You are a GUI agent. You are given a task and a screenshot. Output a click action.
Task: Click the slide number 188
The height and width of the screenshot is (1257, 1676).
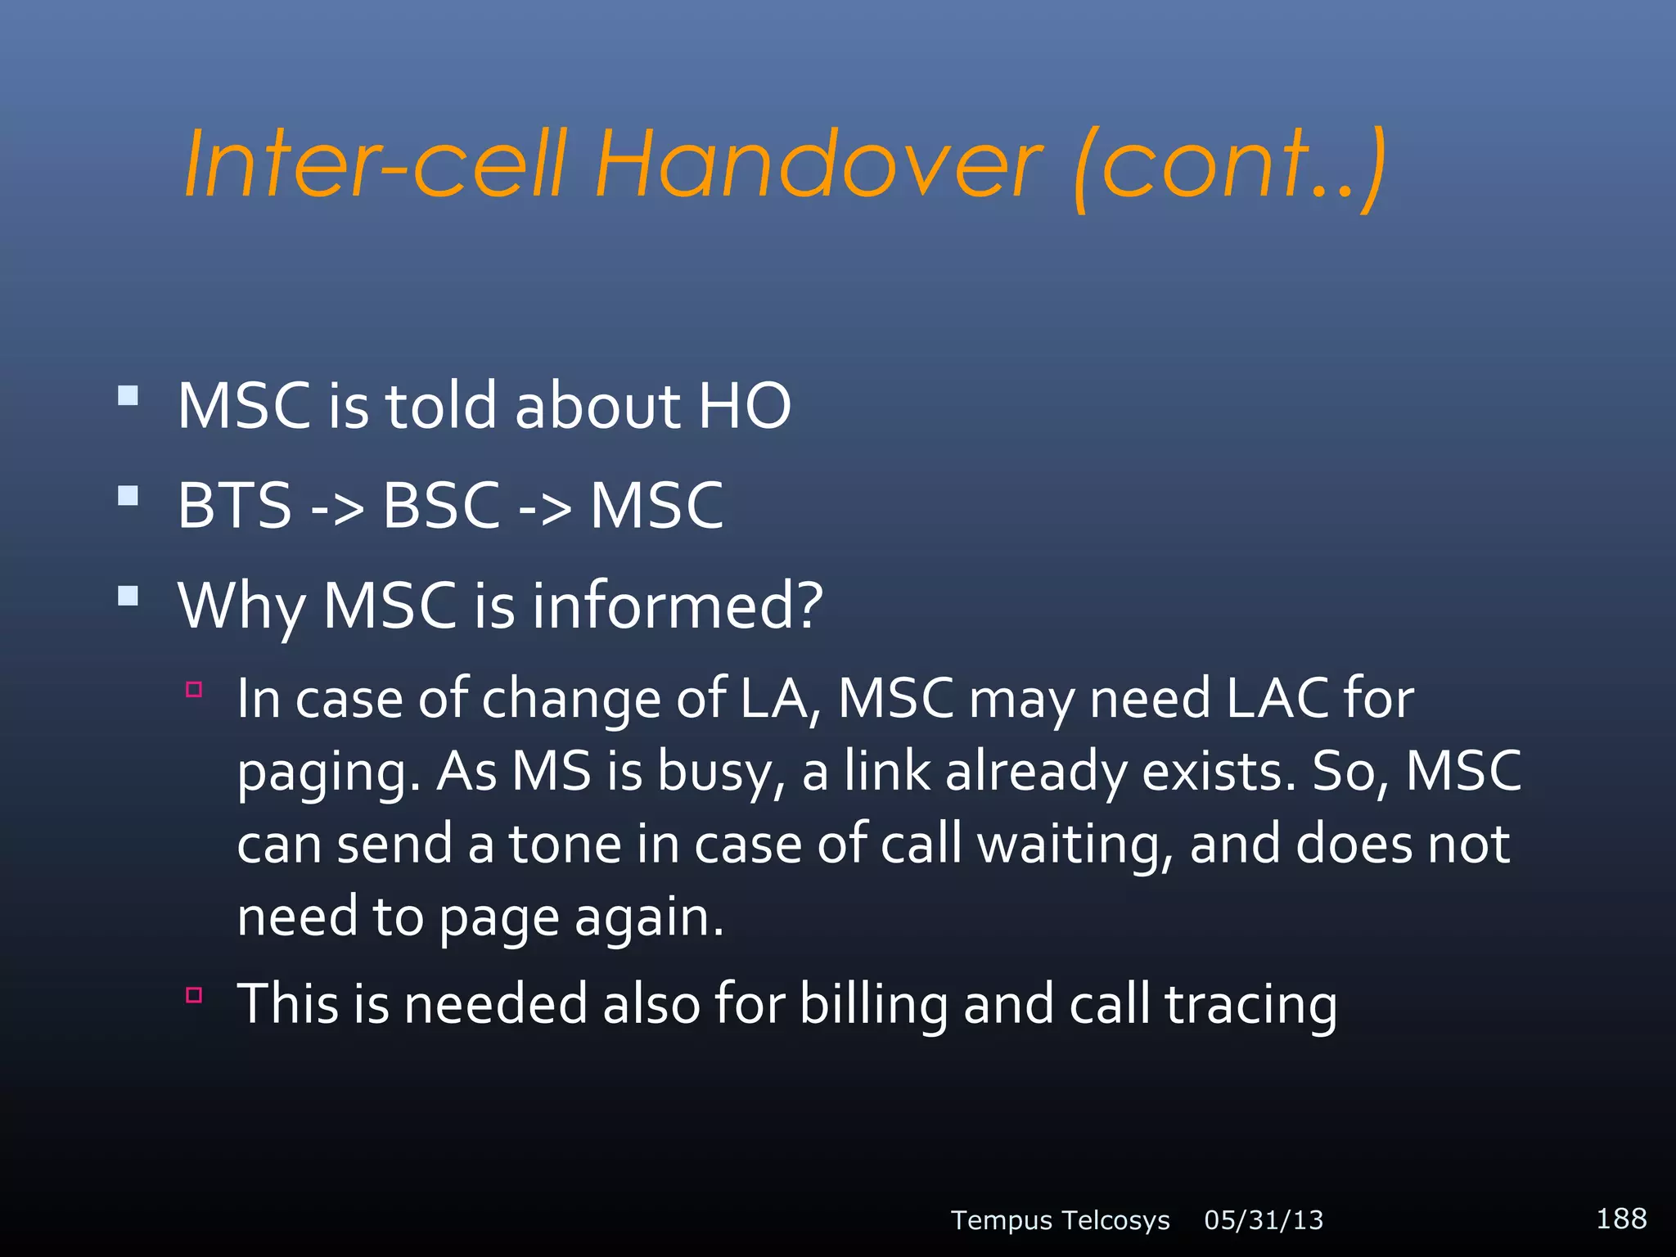click(x=1621, y=1219)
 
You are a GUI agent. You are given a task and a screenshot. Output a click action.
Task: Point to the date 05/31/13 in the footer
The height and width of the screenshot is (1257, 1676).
click(x=1264, y=1220)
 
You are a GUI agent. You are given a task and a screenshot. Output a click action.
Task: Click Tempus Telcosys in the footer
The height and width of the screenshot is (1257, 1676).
click(x=1060, y=1220)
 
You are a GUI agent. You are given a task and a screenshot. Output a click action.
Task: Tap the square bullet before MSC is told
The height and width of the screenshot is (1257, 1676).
click(x=128, y=397)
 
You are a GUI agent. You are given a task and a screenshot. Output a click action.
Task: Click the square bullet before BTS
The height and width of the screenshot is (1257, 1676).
click(x=128, y=496)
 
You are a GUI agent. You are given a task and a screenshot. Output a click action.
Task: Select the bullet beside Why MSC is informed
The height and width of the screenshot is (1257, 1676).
click(x=128, y=595)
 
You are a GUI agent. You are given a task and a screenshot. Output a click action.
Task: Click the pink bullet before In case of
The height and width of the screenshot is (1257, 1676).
click(x=194, y=689)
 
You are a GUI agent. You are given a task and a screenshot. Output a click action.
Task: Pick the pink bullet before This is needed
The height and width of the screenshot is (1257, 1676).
click(x=194, y=995)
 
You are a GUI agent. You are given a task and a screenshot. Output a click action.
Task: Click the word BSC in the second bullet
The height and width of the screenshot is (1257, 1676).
click(x=441, y=506)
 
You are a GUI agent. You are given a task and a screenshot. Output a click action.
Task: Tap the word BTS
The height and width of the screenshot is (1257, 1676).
click(x=235, y=506)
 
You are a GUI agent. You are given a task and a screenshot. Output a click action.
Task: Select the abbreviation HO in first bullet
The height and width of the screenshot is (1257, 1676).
click(x=744, y=406)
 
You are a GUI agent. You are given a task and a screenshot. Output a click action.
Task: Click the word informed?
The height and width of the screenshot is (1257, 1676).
click(x=678, y=606)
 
